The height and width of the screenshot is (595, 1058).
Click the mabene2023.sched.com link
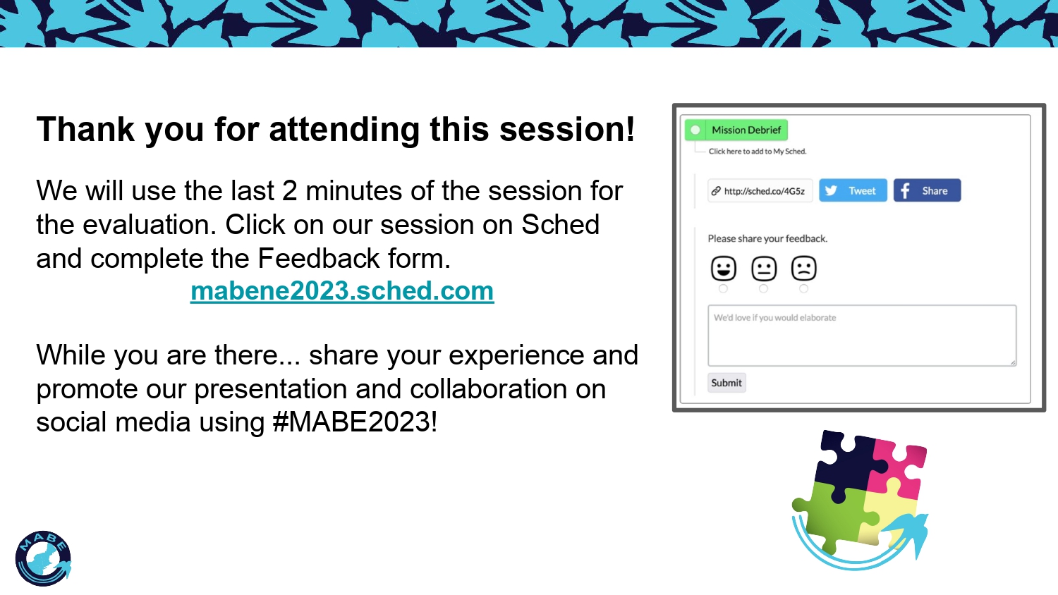pyautogui.click(x=342, y=291)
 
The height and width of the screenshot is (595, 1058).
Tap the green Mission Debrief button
pyautogui.click(x=736, y=130)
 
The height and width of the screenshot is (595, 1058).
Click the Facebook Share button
pyautogui.click(x=927, y=190)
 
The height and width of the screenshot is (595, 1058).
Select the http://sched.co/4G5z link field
pyautogui.click(x=760, y=191)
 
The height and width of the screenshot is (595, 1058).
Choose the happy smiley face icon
pyautogui.click(x=723, y=268)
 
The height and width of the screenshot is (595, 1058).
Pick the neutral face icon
pyautogui.click(x=764, y=268)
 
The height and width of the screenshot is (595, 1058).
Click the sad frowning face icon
pyautogui.click(x=803, y=268)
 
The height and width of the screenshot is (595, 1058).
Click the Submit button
pyautogui.click(x=726, y=383)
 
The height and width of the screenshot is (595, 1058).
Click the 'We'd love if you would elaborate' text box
pyautogui.click(x=862, y=336)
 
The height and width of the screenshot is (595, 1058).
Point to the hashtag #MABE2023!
pyautogui.click(x=355, y=422)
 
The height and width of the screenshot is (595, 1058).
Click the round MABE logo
pyautogui.click(x=43, y=558)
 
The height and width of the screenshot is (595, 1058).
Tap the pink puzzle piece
pyautogui.click(x=897, y=467)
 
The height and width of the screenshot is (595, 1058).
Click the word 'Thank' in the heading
pyautogui.click(x=85, y=129)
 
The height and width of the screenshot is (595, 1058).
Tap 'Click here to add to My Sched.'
pyautogui.click(x=758, y=152)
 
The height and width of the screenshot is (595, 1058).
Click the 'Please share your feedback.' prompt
pyautogui.click(x=767, y=238)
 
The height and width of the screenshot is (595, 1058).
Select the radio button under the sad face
pyautogui.click(x=803, y=288)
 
